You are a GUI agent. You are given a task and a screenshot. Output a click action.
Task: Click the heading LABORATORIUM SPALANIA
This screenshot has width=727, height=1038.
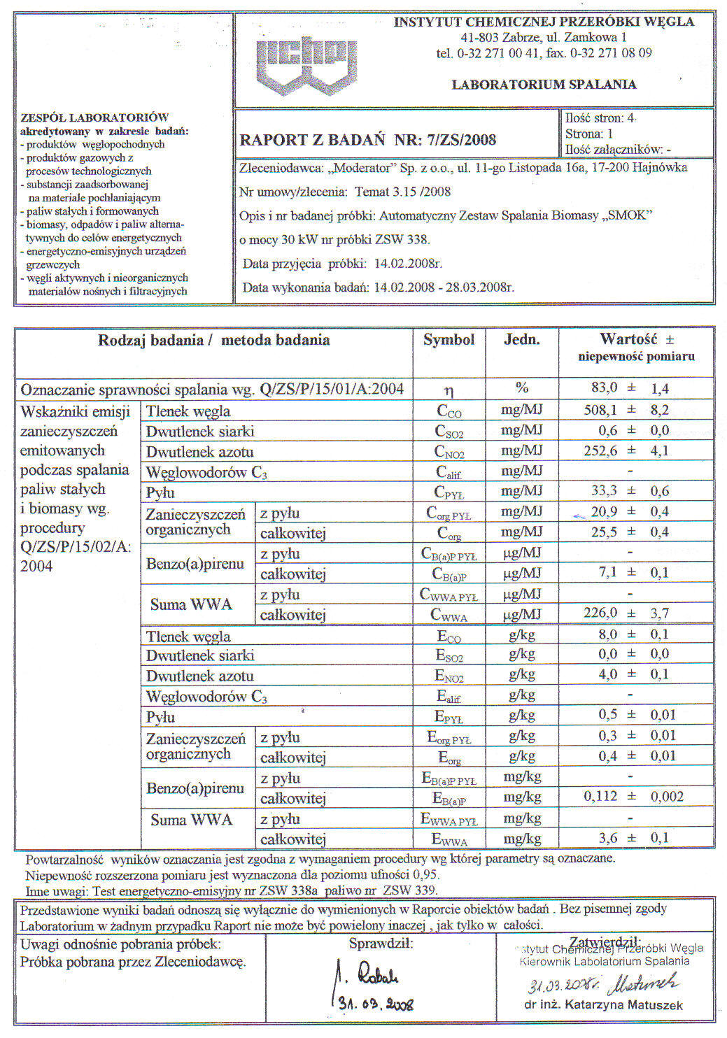(544, 85)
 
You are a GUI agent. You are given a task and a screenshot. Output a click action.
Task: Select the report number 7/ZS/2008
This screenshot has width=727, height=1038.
(461, 139)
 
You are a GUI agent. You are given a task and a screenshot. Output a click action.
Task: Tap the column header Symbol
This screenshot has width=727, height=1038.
(449, 340)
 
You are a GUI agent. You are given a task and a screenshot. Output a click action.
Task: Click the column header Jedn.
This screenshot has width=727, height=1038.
(521, 340)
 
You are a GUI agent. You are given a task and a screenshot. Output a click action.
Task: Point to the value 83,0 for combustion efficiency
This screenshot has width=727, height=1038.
(604, 388)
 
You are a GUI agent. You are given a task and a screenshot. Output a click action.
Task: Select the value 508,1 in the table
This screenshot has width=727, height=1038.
(600, 410)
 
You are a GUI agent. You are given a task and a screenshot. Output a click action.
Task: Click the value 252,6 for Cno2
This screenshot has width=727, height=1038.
(600, 450)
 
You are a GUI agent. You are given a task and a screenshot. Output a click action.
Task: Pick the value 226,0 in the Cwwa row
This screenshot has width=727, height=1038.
(600, 613)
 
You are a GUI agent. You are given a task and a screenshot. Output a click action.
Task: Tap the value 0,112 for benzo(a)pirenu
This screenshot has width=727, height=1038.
(600, 796)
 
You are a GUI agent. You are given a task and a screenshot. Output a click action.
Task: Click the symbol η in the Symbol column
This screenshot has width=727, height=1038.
(449, 390)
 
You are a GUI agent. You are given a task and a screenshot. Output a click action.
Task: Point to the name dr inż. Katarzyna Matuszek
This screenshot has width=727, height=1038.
(603, 1005)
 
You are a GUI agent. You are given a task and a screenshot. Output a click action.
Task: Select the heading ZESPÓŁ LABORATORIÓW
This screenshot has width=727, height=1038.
(94, 118)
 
